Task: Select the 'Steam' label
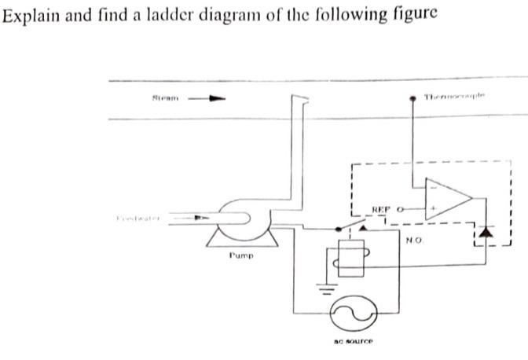tap(165, 98)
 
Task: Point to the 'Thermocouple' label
tap(455, 97)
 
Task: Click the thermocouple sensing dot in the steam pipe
tap(415, 100)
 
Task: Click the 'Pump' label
tap(240, 255)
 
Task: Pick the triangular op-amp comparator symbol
tap(447, 200)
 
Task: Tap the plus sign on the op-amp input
tap(431, 211)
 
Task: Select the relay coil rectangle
tap(343, 258)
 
